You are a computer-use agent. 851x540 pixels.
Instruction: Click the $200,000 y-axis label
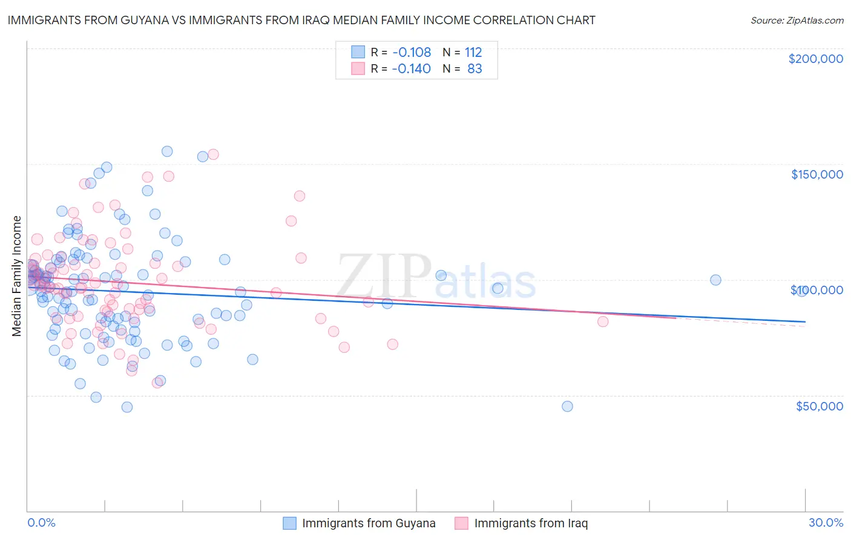point(815,59)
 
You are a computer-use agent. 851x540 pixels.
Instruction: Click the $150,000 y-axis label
point(816,174)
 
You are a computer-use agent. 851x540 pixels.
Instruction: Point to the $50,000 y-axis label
point(819,406)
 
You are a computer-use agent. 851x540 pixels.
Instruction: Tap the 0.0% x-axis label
point(41,523)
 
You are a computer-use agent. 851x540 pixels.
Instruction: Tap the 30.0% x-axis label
point(826,523)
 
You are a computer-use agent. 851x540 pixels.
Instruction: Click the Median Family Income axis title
point(17,276)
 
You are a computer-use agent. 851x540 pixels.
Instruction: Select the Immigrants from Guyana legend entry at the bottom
point(359,524)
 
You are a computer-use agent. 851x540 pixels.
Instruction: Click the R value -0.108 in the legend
point(411,52)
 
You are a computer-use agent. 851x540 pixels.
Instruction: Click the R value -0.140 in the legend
point(411,69)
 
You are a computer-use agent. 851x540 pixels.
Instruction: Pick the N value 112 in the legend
point(473,52)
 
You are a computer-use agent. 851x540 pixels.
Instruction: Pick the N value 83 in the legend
point(475,69)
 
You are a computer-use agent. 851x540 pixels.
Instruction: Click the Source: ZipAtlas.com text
point(797,21)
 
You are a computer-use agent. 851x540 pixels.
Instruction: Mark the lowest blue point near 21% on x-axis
point(567,406)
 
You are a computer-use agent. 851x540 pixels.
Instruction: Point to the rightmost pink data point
point(602,321)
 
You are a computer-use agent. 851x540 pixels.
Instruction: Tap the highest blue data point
point(167,151)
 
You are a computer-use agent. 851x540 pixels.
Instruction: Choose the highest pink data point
point(213,154)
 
